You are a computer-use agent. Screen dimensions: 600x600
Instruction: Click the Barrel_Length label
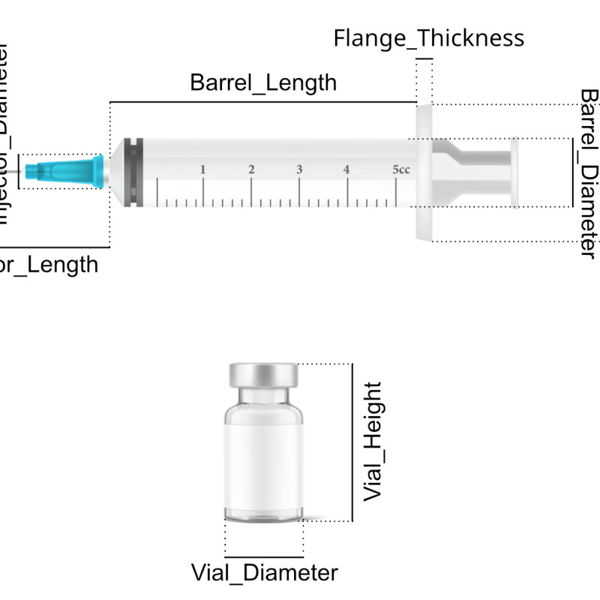[x=263, y=82]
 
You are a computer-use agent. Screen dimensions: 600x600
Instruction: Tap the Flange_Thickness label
[x=428, y=37]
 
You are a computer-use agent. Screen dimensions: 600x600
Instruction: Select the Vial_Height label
[x=373, y=442]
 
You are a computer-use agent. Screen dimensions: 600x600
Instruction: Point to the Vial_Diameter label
[x=264, y=573]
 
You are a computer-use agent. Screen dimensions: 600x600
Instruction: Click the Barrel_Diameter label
[x=589, y=172]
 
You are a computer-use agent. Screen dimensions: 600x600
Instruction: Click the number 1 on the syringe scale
[x=202, y=169]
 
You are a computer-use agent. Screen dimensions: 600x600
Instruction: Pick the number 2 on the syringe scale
[x=250, y=169]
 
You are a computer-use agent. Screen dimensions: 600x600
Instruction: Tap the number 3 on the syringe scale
[x=298, y=169]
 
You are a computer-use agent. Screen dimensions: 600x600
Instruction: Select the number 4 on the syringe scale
[x=346, y=169]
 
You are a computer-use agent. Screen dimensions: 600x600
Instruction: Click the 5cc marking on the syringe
[x=401, y=169]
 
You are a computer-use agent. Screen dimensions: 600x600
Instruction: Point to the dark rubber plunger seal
[x=133, y=171]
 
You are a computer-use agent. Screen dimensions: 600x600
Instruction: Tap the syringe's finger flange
[x=424, y=172]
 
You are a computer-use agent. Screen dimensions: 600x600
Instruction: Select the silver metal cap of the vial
[x=264, y=373]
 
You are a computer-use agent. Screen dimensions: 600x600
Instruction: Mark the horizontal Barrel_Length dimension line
[x=263, y=101]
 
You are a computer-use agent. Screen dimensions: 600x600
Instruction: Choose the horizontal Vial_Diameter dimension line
[x=264, y=556]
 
